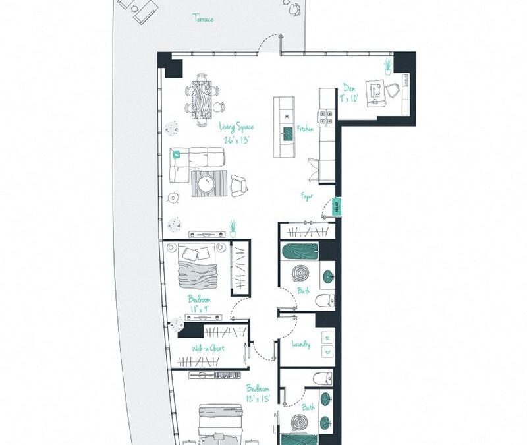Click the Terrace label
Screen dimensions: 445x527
[x=203, y=18]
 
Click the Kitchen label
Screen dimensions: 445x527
[x=305, y=130]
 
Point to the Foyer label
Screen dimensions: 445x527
[x=307, y=196]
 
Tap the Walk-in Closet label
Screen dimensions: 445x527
[x=208, y=348]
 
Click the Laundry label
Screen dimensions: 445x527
[x=301, y=344]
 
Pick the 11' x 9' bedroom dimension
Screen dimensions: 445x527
[x=199, y=308]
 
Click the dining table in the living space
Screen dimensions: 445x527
[x=203, y=100]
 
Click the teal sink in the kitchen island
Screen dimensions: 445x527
[x=287, y=134]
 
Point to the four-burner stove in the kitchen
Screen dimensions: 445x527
[x=326, y=117]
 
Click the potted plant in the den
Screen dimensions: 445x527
[x=388, y=67]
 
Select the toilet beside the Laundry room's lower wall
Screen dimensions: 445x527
[x=322, y=378]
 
